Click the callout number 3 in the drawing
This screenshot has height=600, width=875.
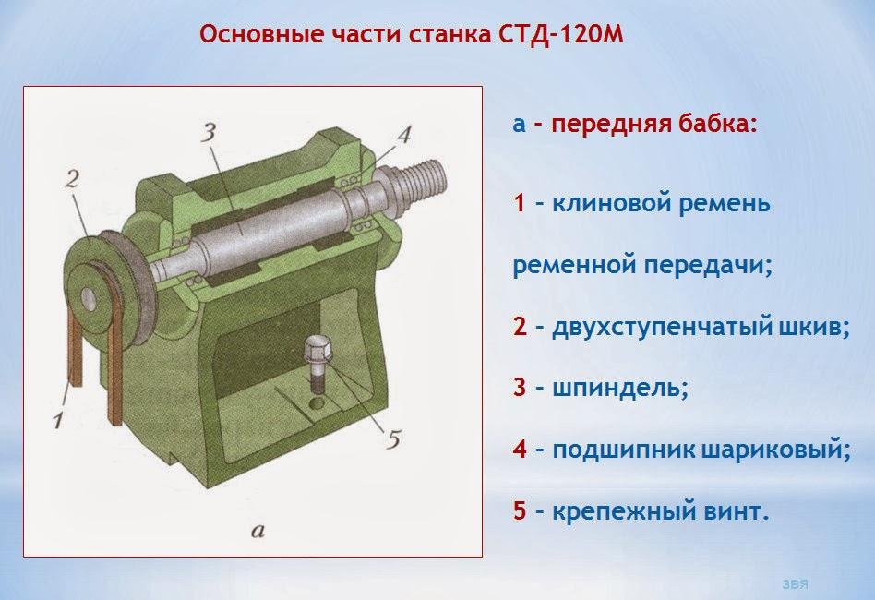click(x=209, y=133)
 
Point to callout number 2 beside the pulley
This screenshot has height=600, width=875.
click(x=73, y=180)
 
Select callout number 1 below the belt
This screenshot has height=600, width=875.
click(x=59, y=420)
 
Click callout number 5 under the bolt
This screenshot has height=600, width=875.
click(x=393, y=439)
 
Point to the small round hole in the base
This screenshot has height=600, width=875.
click(x=317, y=403)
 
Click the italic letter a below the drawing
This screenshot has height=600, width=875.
click(x=258, y=530)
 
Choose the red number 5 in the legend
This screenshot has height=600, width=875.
click(x=520, y=510)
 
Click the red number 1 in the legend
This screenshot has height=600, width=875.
click(x=519, y=202)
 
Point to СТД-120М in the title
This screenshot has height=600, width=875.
click(x=559, y=34)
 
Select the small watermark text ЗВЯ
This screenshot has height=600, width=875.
click(x=796, y=584)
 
